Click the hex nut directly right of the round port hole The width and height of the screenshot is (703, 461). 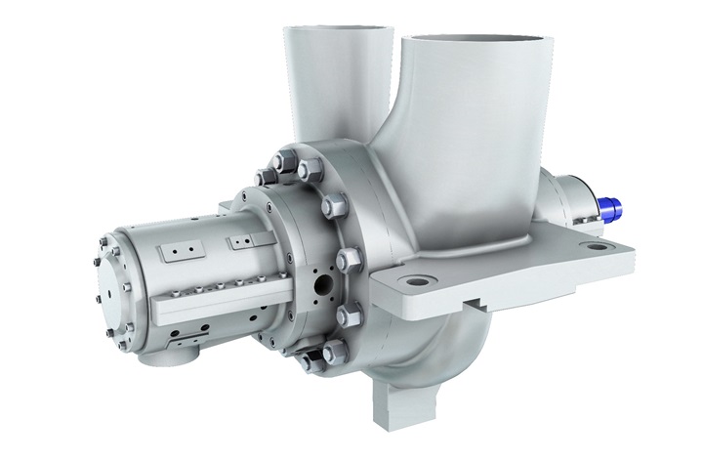coord(348,259)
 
